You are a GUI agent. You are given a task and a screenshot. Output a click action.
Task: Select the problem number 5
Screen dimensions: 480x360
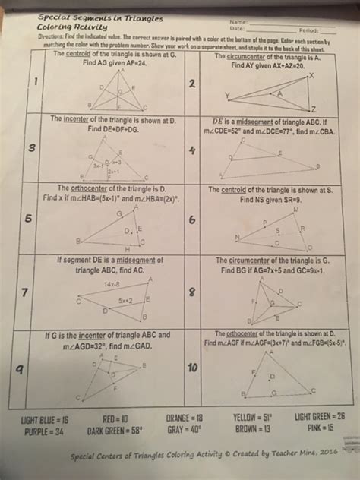click(27, 219)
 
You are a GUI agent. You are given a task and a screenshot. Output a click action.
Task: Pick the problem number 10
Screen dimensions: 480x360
click(191, 368)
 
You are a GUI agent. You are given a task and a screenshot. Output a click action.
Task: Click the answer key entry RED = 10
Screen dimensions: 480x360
click(114, 418)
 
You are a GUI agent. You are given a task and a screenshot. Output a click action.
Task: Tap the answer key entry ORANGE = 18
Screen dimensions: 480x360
click(185, 418)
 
